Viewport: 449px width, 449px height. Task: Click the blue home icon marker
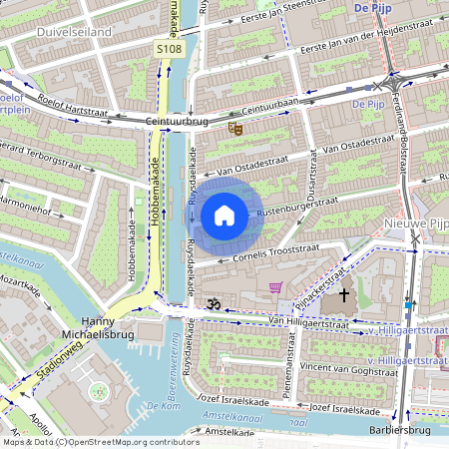(224, 215)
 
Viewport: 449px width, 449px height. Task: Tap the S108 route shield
(169, 48)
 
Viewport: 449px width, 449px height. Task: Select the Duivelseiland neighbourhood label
(74, 32)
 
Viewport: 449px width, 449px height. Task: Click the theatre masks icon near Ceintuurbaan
(235, 128)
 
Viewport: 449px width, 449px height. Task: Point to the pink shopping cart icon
(275, 287)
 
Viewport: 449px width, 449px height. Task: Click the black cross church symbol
(345, 294)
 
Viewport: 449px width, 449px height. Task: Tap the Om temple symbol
(211, 302)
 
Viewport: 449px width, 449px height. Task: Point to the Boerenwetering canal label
(178, 373)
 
